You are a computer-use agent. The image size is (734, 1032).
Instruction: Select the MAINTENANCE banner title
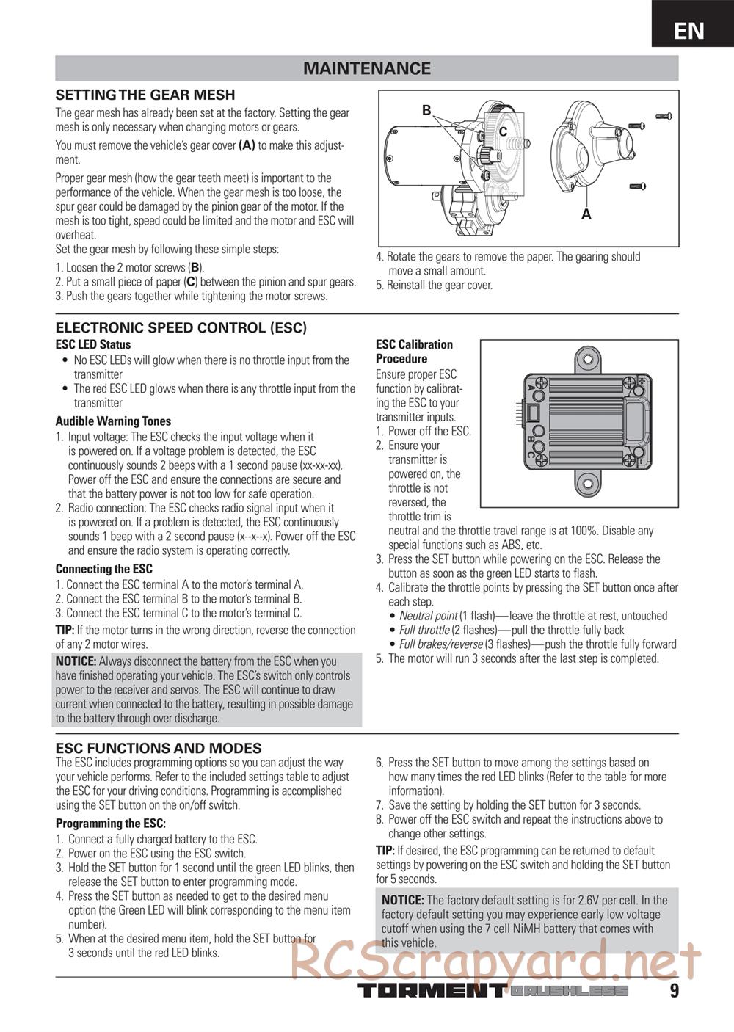coord(367,69)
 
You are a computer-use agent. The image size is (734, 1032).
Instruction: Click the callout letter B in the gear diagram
coord(426,111)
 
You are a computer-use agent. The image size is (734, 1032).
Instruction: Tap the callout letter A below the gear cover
coord(586,214)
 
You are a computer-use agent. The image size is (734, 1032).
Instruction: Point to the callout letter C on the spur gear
coord(503,131)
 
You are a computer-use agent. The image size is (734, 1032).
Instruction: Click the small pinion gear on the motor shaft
coord(486,156)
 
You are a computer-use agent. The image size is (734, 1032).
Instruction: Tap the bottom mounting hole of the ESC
coord(586,482)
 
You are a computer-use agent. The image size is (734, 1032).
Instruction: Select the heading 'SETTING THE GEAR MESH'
coord(145,95)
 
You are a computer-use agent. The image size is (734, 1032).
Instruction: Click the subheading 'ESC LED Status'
coord(93,344)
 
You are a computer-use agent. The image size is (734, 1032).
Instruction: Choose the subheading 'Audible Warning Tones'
coord(113,421)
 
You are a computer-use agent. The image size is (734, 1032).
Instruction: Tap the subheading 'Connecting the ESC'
coord(104,569)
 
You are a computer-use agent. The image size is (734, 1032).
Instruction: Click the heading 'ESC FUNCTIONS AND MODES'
coord(159,748)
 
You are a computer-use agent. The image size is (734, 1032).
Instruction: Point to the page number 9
coord(674,991)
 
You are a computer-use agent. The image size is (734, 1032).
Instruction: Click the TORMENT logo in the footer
coord(431,991)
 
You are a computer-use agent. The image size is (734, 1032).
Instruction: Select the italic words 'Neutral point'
coord(428,616)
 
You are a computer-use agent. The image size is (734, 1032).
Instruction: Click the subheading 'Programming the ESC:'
coord(111,824)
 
